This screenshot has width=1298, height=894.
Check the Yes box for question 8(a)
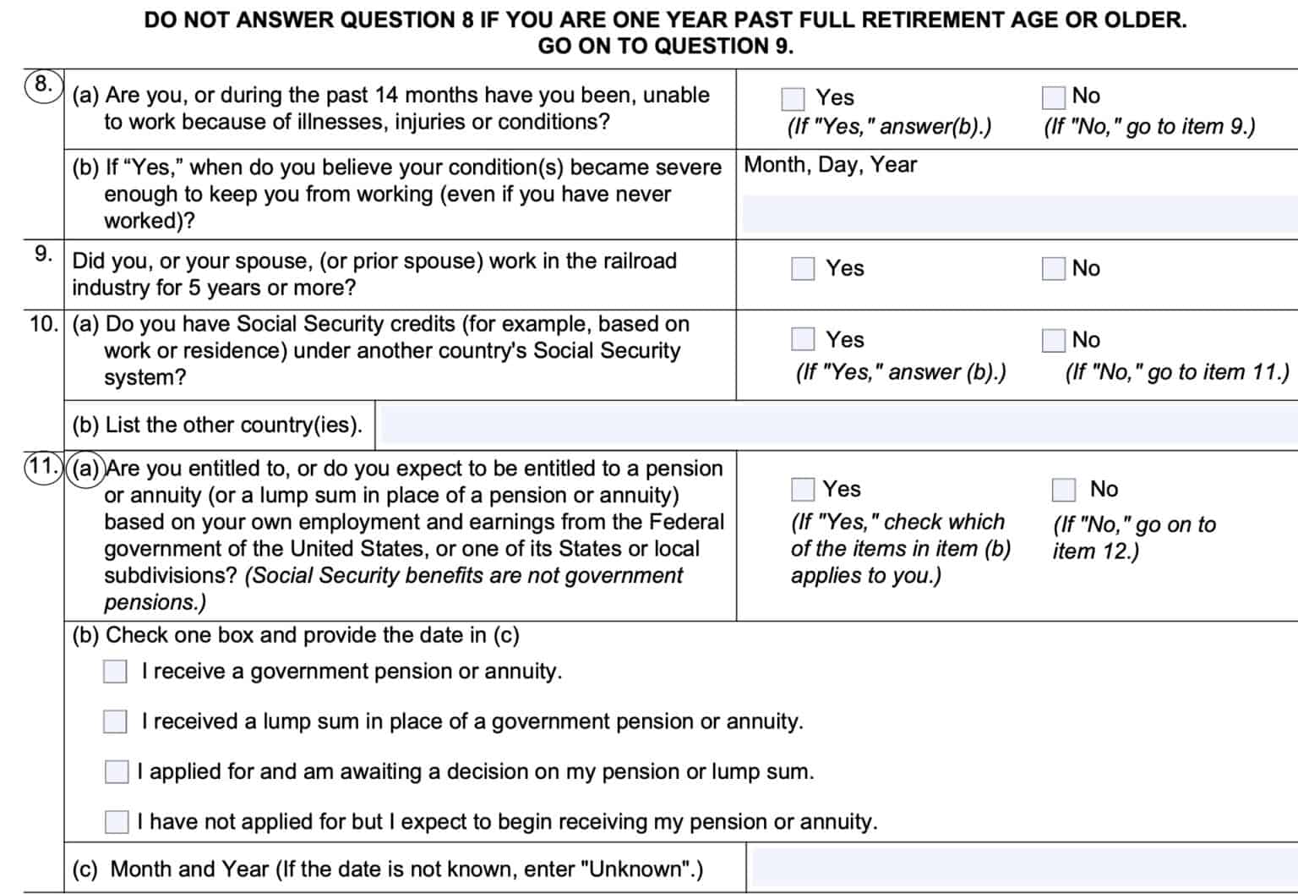(x=793, y=99)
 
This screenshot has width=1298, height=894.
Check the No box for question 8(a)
(x=1053, y=98)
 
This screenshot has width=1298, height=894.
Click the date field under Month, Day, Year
(x=1019, y=214)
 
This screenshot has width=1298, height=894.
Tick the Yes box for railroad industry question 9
(x=803, y=269)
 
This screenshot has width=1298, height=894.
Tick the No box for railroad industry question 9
(x=1053, y=269)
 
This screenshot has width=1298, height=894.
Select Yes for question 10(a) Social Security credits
(x=803, y=339)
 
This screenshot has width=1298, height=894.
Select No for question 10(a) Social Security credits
(x=1053, y=340)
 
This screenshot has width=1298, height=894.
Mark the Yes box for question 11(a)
(x=802, y=490)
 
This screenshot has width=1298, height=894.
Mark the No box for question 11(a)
(x=1063, y=490)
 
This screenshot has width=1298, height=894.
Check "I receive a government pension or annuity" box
(x=115, y=672)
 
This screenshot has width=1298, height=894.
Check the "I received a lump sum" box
(x=115, y=721)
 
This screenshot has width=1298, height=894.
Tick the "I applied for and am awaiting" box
(x=116, y=771)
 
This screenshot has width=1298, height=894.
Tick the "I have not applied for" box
(x=116, y=821)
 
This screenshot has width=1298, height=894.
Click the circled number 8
(x=43, y=85)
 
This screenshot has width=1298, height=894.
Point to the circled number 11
(x=43, y=468)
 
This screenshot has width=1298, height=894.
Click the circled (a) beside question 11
(x=85, y=469)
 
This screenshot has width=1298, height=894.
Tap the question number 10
(x=42, y=324)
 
